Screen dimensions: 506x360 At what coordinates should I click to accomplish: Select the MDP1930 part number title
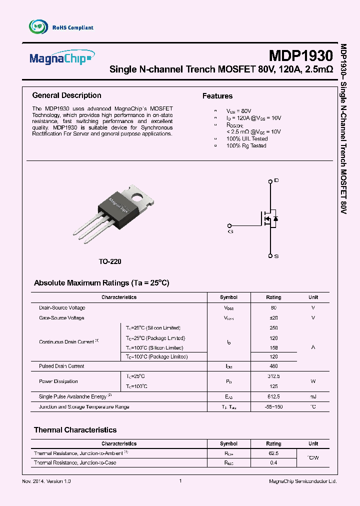pyautogui.click(x=300, y=55)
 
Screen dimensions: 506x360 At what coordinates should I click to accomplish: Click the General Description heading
pyautogui.click(x=66, y=95)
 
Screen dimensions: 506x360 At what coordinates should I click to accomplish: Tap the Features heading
pyautogui.click(x=217, y=96)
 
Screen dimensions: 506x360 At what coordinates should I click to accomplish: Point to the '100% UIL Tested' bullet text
pyautogui.click(x=247, y=138)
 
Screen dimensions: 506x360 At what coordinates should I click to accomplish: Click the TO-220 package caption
pyautogui.click(x=109, y=261)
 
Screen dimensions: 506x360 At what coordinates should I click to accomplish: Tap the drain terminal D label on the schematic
pyautogui.click(x=276, y=180)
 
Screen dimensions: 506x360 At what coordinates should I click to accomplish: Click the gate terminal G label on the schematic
pyautogui.click(x=230, y=231)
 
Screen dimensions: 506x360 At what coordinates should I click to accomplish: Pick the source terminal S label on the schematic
pyautogui.click(x=276, y=256)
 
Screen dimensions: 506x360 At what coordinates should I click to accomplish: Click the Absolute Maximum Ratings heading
pyautogui.click(x=101, y=283)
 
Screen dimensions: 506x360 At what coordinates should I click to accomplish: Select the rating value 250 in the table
pyautogui.click(x=273, y=328)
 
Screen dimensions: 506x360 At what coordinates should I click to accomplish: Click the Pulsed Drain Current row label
pyautogui.click(x=61, y=366)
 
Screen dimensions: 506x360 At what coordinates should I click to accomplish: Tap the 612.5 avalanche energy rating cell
pyautogui.click(x=273, y=396)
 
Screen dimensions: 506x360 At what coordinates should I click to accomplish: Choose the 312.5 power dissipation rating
pyautogui.click(x=273, y=376)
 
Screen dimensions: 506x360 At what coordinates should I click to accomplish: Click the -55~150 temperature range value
pyautogui.click(x=273, y=407)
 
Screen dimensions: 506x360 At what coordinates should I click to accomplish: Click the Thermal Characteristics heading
pyautogui.click(x=75, y=430)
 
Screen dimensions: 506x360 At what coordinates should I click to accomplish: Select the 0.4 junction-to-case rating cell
pyautogui.click(x=273, y=463)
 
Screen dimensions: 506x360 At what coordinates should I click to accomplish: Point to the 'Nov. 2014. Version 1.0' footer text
pyautogui.click(x=47, y=481)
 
